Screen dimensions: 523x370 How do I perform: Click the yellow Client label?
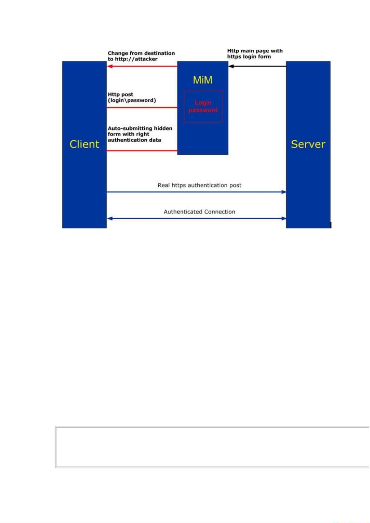(84, 144)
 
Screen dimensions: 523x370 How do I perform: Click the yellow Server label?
(308, 144)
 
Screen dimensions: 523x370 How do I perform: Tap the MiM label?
(203, 80)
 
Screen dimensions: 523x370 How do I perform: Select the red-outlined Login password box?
(203, 106)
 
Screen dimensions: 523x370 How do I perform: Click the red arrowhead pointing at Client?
(110, 66)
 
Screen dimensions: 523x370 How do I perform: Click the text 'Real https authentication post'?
(199, 185)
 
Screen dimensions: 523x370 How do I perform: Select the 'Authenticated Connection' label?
(199, 212)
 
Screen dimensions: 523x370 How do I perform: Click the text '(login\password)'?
(132, 100)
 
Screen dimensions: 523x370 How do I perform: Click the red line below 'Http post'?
(142, 108)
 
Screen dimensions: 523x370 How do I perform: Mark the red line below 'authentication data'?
(142, 151)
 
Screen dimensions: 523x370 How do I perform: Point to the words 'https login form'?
(249, 56)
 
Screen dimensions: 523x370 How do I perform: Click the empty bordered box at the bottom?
(212, 447)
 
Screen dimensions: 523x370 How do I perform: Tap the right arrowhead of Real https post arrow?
(284, 192)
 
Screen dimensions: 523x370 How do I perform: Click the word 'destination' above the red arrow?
(160, 53)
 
